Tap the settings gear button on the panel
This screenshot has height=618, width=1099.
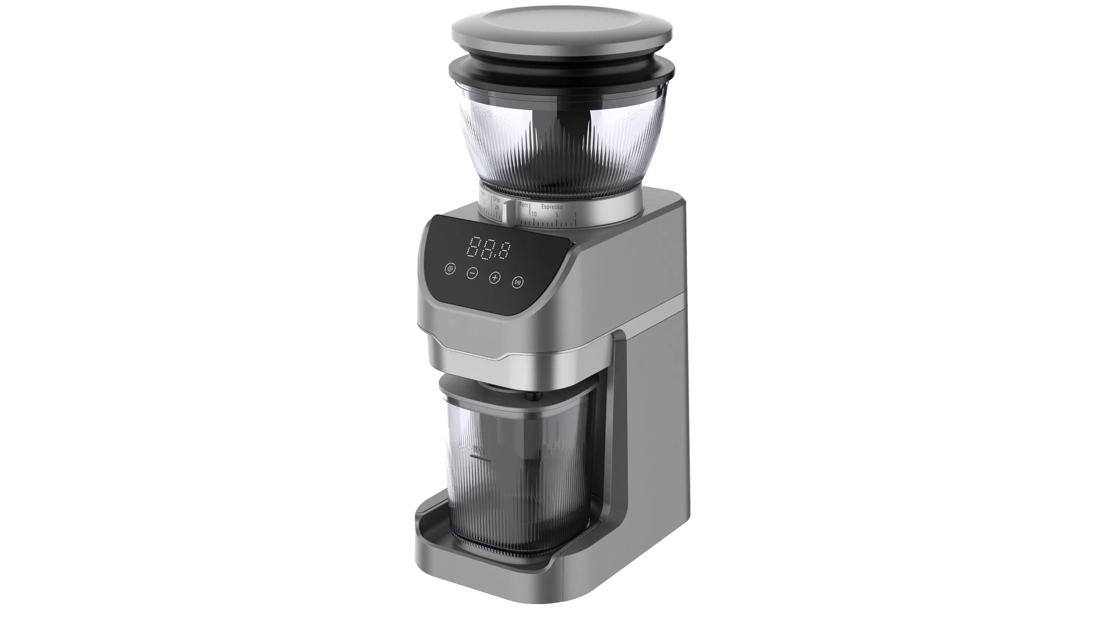point(450,269)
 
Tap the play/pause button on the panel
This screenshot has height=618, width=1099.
point(517,282)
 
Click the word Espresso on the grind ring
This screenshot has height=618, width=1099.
point(552,207)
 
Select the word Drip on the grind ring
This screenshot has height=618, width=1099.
point(496,200)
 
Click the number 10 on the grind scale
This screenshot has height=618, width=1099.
point(533,214)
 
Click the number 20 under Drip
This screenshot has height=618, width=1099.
point(497,208)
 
